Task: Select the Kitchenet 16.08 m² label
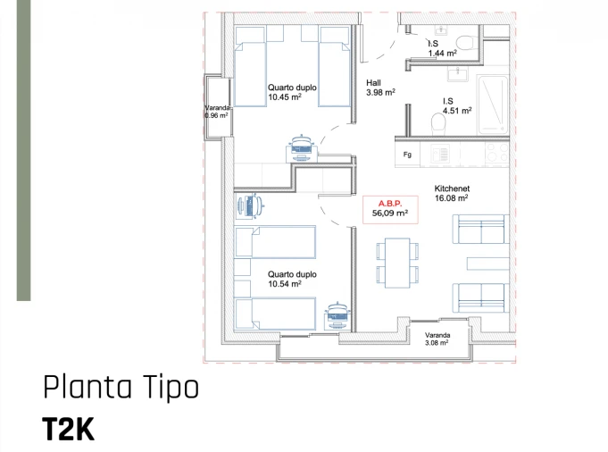(x=452, y=194)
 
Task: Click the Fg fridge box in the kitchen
(x=408, y=155)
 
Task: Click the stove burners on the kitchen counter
(x=496, y=155)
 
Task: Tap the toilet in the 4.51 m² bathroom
(x=437, y=121)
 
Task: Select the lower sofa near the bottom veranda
(x=479, y=297)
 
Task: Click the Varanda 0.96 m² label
(x=216, y=112)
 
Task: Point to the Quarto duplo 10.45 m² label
(x=291, y=92)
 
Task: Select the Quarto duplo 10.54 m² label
(x=291, y=280)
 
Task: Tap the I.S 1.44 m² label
(x=442, y=48)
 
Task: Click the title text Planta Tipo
(x=121, y=388)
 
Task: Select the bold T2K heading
(x=68, y=430)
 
